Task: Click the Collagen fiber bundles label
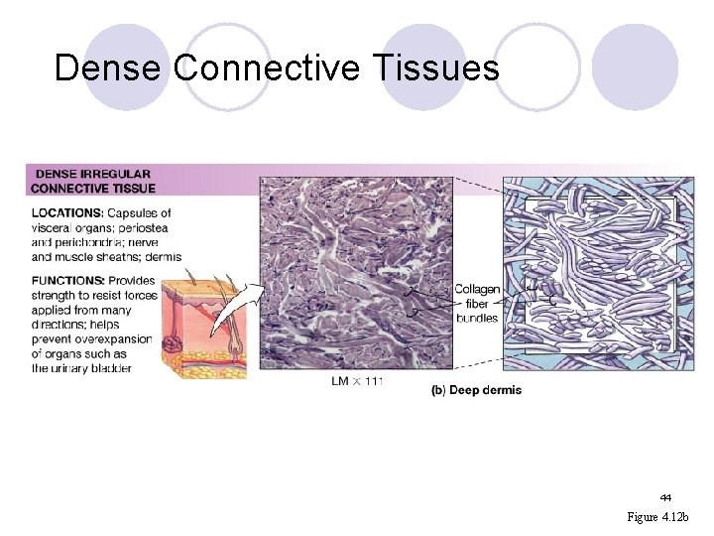coord(477,304)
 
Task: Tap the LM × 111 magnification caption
coord(357,380)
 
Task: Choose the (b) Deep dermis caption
coord(476,390)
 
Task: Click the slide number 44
coord(665,497)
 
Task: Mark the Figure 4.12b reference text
coord(663,517)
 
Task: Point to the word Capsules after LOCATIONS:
coord(138,212)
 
